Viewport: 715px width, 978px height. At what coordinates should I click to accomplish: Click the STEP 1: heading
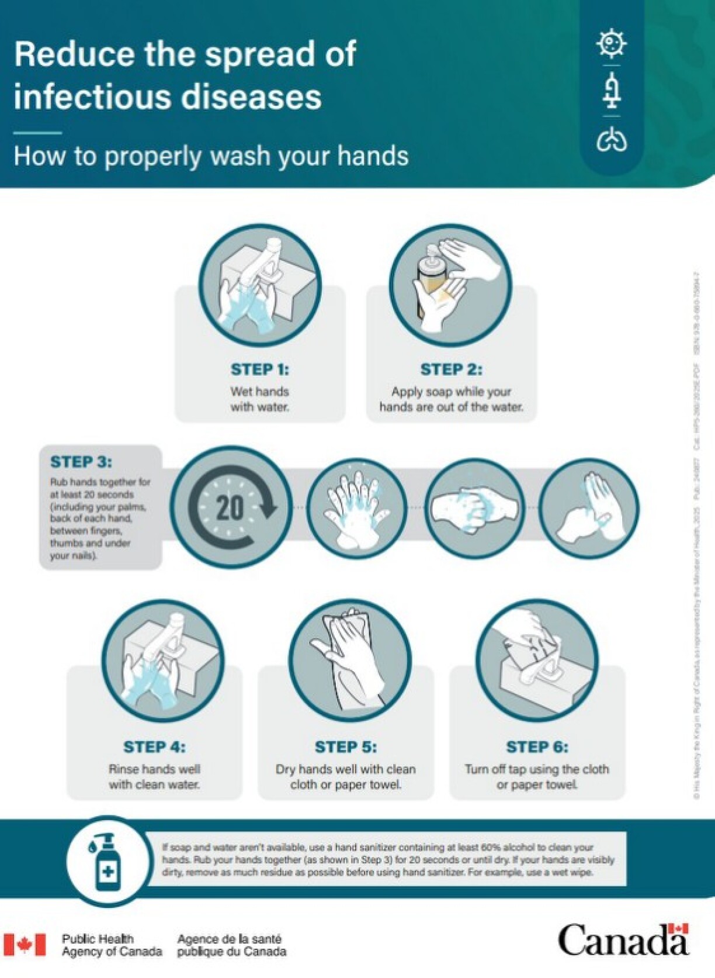[x=259, y=369]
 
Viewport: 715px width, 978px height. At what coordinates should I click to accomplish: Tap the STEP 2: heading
[x=451, y=369]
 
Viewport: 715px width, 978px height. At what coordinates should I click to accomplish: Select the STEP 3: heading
[x=81, y=462]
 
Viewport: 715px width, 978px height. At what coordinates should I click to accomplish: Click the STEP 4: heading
[x=154, y=747]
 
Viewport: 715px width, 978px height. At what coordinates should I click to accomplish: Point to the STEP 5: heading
[x=346, y=747]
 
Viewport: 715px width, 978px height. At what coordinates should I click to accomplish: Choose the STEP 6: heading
[x=537, y=747]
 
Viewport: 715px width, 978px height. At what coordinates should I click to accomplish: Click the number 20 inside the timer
[x=230, y=507]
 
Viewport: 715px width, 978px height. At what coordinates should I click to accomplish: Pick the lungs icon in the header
[x=612, y=140]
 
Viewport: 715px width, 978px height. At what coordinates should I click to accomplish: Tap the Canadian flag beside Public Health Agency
[x=25, y=945]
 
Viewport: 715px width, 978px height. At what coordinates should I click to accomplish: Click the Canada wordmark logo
[x=623, y=940]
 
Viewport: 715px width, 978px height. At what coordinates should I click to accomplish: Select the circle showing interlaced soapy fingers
[x=357, y=507]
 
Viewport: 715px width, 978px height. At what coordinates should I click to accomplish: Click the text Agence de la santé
[x=229, y=939]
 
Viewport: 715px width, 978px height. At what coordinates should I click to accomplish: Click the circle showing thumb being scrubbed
[x=589, y=507]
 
